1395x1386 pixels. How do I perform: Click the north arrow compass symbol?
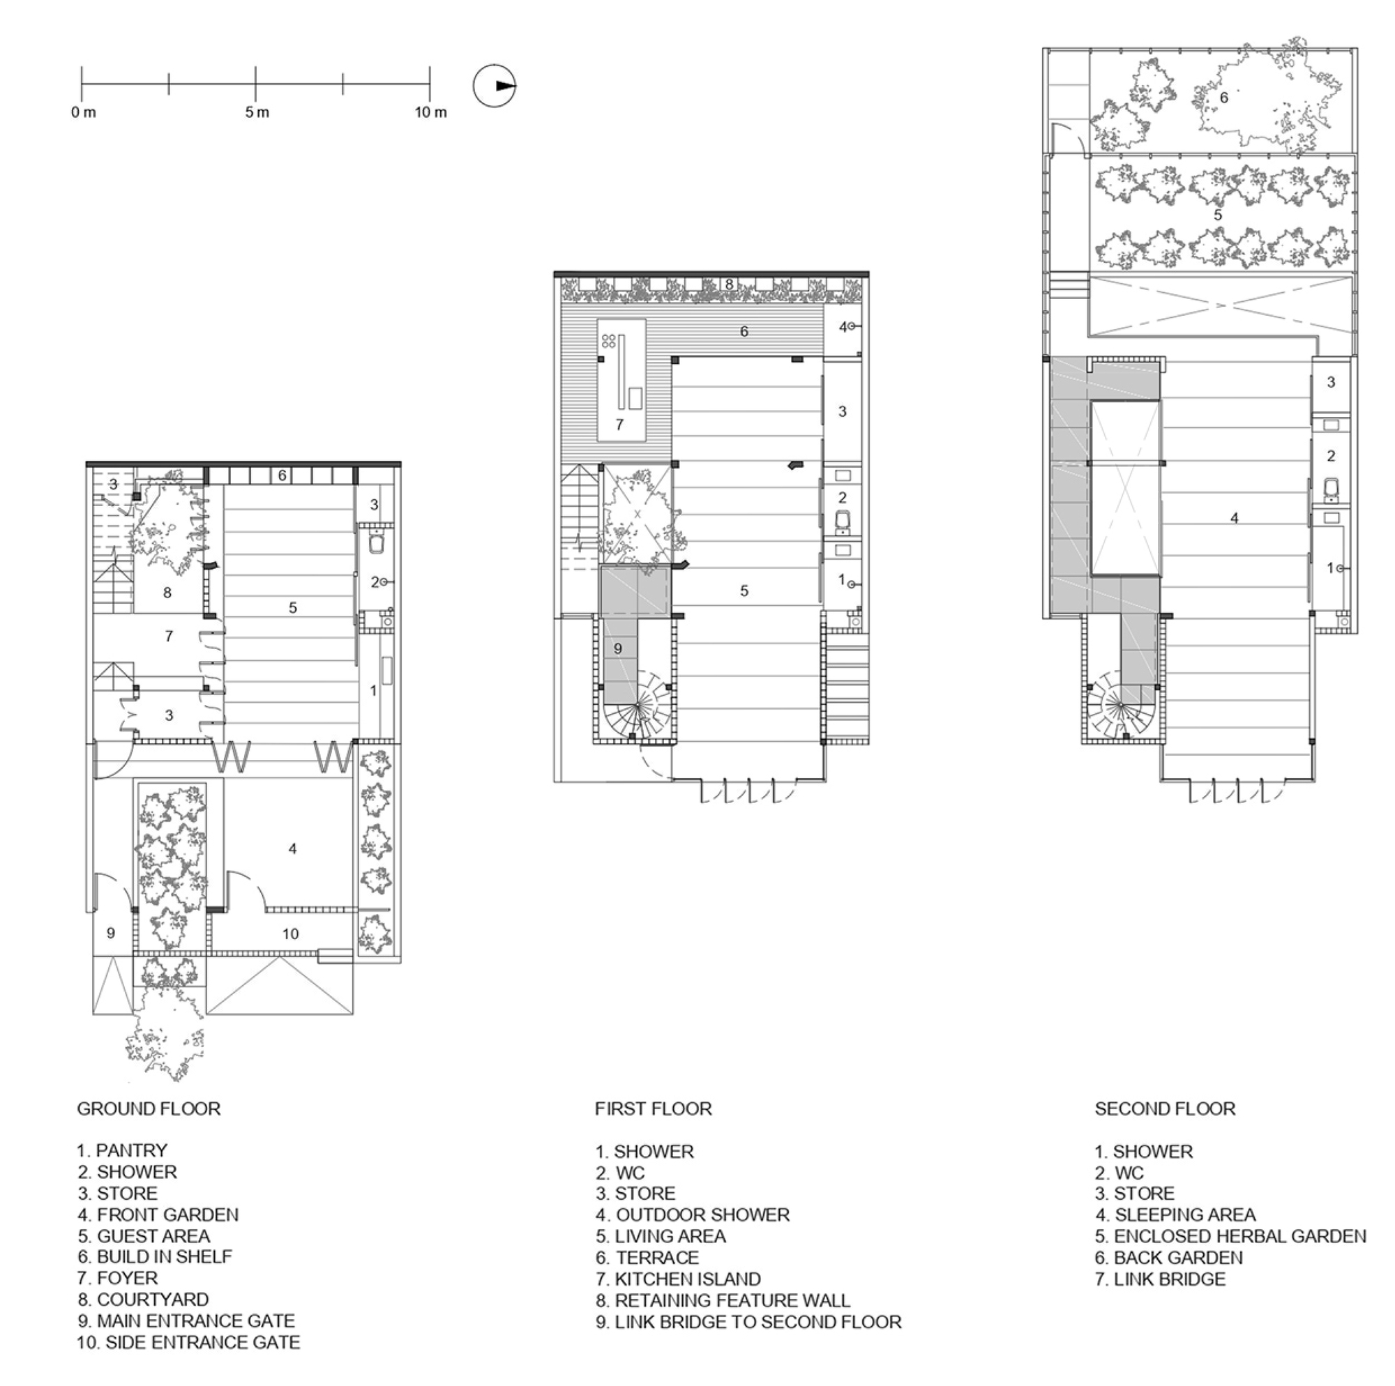tap(495, 86)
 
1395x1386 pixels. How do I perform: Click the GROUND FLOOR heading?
tap(149, 1108)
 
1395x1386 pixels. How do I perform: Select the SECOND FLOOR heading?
tap(1165, 1108)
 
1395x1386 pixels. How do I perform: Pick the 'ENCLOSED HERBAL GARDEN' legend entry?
tap(1230, 1236)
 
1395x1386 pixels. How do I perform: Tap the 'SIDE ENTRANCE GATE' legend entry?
tap(188, 1342)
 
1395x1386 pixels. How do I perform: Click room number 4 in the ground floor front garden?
tap(292, 849)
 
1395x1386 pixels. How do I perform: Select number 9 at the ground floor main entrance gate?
tap(110, 933)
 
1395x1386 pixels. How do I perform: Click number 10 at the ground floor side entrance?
tap(290, 934)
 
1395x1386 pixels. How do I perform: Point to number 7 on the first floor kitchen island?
tap(619, 425)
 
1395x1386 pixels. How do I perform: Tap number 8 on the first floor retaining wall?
tap(730, 284)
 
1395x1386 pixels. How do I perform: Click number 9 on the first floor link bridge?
tap(617, 648)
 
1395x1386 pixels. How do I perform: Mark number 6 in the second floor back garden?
tap(1223, 98)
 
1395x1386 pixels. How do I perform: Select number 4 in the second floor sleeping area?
tap(1234, 517)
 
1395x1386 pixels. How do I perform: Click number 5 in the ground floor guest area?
tap(292, 608)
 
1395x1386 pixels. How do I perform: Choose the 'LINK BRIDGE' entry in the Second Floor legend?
tap(1161, 1279)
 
